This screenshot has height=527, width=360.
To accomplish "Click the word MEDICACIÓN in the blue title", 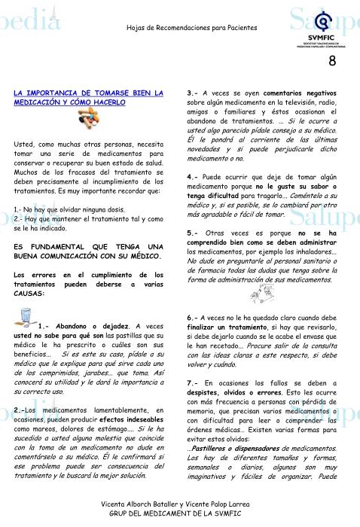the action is [40, 102].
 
